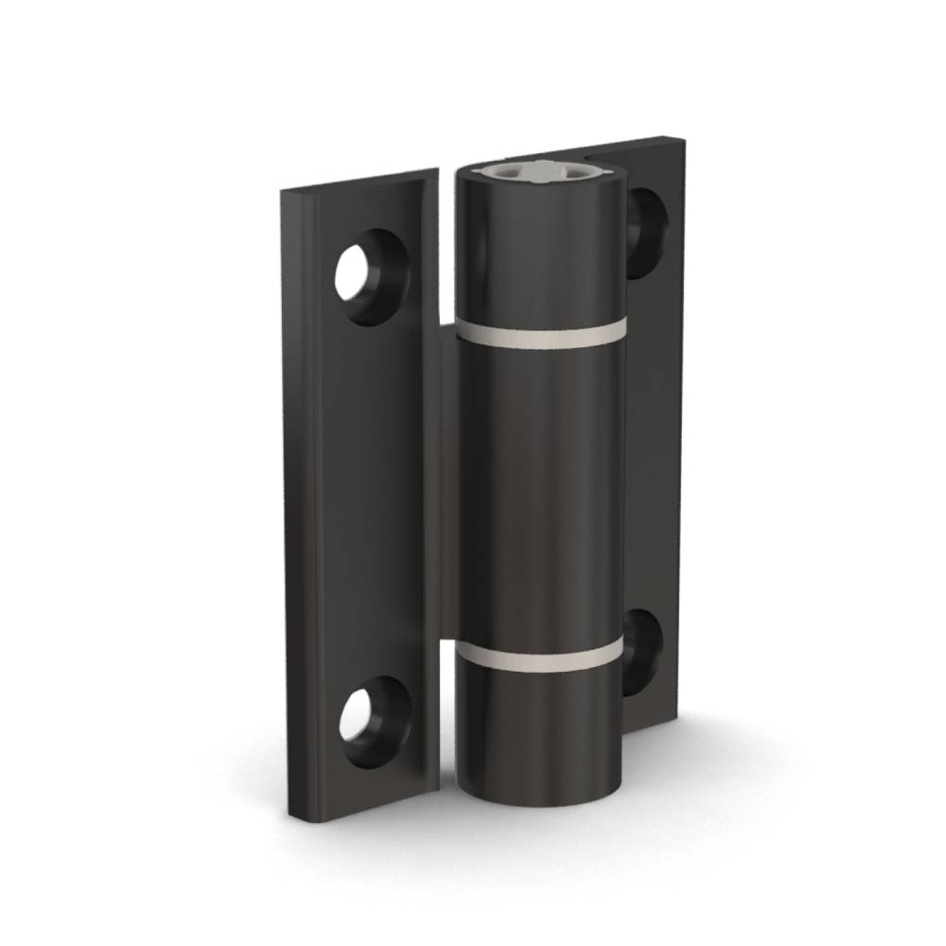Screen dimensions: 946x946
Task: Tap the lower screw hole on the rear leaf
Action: [x=642, y=652]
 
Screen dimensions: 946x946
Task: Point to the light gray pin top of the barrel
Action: [x=539, y=173]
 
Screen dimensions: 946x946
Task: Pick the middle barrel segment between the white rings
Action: [x=541, y=492]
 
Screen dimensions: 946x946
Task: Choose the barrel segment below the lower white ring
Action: [x=541, y=728]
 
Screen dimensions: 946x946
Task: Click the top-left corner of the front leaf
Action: [x=283, y=192]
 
